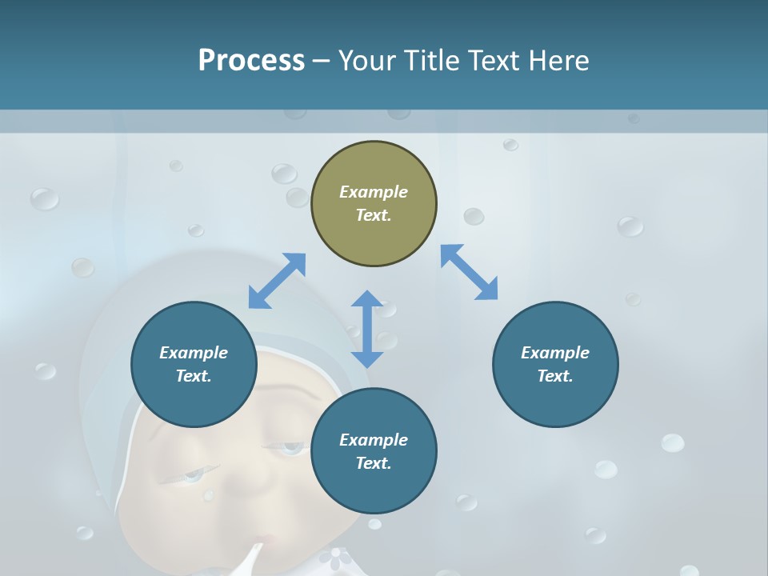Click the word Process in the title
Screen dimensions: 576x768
coord(251,61)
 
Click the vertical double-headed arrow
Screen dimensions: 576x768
coord(367,329)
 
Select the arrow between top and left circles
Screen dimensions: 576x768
coord(277,281)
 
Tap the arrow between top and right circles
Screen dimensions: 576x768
coord(469,272)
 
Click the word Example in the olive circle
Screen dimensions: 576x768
coord(374,192)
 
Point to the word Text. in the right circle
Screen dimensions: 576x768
coord(555,376)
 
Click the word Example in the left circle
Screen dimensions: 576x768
coord(194,353)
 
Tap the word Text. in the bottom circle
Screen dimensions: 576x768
coord(374,463)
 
